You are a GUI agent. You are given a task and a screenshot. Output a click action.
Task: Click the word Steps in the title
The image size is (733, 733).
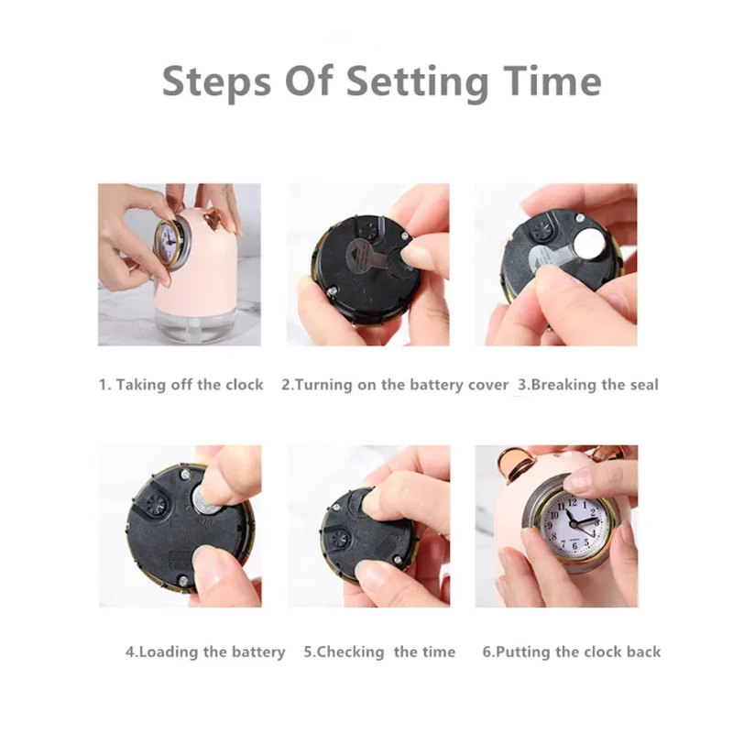(x=217, y=82)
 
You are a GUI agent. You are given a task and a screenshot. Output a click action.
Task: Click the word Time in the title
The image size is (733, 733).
(x=552, y=81)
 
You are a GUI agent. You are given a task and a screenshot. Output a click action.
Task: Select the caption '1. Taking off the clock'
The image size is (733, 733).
(x=181, y=385)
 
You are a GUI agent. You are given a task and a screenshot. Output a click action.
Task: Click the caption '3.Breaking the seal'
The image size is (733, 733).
(x=588, y=385)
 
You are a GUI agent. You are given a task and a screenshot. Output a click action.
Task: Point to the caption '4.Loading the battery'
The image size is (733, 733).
(x=205, y=651)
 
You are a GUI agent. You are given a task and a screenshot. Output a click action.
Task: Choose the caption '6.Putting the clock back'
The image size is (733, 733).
(x=572, y=651)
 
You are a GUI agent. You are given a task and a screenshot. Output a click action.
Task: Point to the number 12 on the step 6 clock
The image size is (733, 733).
(x=572, y=503)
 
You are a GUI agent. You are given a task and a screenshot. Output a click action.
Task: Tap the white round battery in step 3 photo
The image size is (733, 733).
(x=589, y=243)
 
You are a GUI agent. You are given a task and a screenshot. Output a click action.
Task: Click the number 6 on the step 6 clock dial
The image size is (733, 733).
(x=574, y=545)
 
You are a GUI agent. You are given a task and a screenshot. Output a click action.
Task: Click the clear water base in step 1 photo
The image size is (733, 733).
(x=197, y=326)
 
